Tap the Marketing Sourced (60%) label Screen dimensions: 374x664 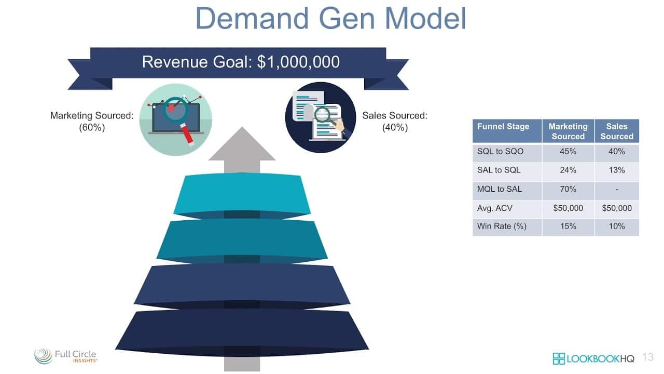pos(92,121)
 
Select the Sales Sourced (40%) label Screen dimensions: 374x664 pos(395,121)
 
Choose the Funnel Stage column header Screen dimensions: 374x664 pos(503,126)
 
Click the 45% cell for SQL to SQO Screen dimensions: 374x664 pos(568,152)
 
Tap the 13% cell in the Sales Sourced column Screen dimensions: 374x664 pos(617,170)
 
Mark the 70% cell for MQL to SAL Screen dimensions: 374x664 pos(568,189)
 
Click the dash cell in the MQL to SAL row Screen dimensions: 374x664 pos(617,189)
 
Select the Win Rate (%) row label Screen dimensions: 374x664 pos(502,226)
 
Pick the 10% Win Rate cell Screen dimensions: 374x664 pos(617,226)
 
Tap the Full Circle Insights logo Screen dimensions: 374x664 pos(66,356)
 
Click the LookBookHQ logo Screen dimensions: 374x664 pos(593,358)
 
